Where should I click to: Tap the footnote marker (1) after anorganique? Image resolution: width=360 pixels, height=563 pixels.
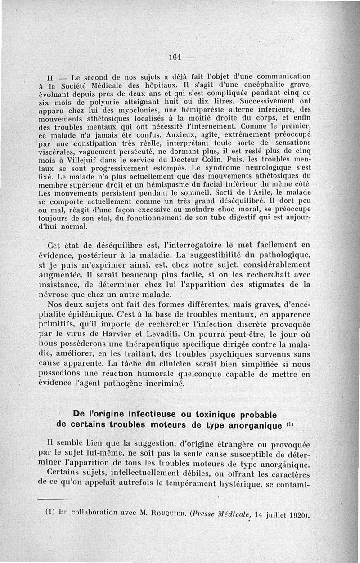point(291,424)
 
